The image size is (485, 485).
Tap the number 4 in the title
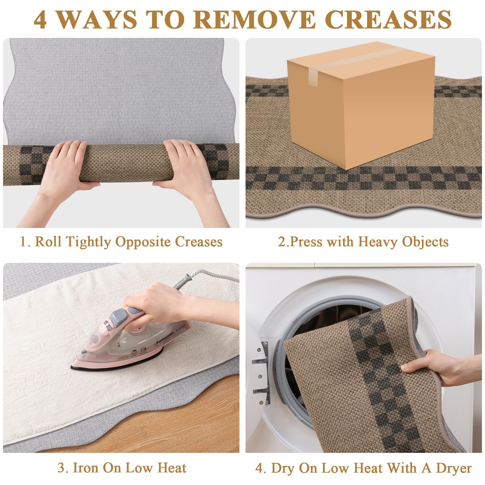click(x=40, y=20)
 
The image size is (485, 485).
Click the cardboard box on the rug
click(x=361, y=105)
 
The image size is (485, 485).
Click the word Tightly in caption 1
click(x=88, y=242)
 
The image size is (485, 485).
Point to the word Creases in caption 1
click(x=199, y=242)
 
